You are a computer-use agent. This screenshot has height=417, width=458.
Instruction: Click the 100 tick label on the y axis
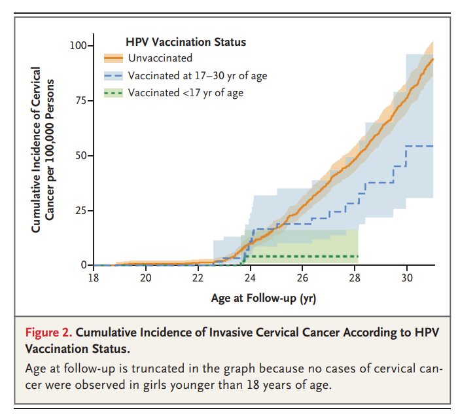79,46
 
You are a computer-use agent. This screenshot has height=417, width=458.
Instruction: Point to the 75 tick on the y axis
81,101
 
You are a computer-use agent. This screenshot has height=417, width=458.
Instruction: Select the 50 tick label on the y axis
81,156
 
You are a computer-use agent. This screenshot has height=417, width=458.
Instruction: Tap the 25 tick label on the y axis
81,211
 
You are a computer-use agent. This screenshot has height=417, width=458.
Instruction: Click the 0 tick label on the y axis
84,265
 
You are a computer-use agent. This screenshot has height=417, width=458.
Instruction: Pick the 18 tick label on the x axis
94,278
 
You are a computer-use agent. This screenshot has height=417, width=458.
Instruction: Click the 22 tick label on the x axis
198,278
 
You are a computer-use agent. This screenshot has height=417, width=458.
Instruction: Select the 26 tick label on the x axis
302,278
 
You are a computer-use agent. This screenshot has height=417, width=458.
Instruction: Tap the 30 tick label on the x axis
406,278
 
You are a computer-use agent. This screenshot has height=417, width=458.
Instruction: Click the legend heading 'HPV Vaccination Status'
185,42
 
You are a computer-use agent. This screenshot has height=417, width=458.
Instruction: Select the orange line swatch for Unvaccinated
113,58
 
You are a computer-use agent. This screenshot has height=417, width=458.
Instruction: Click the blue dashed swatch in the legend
113,76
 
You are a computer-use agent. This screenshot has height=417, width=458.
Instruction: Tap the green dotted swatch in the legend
113,93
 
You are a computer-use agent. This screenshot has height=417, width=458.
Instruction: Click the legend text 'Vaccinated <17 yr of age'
185,93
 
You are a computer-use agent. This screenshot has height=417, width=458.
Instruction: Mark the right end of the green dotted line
358,256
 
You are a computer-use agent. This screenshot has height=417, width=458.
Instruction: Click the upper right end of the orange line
433,59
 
